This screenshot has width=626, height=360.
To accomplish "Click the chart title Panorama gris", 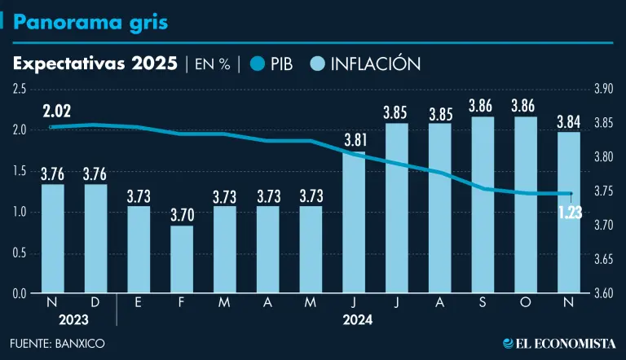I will (91, 22).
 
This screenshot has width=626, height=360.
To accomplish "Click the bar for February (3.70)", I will (182, 259).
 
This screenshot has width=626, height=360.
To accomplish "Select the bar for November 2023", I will (52, 239).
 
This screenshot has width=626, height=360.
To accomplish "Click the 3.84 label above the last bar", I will (568, 122).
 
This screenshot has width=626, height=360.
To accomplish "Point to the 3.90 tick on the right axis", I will (603, 89).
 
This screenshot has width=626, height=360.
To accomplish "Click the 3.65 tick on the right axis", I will (603, 259).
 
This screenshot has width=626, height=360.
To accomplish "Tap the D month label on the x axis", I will (95, 302).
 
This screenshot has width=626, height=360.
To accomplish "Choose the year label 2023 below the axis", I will (74, 320).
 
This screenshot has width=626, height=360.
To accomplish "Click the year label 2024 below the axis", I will (358, 320).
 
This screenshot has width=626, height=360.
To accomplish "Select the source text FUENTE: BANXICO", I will (58, 343).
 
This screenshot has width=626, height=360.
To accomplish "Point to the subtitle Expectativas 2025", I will (95, 64).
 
